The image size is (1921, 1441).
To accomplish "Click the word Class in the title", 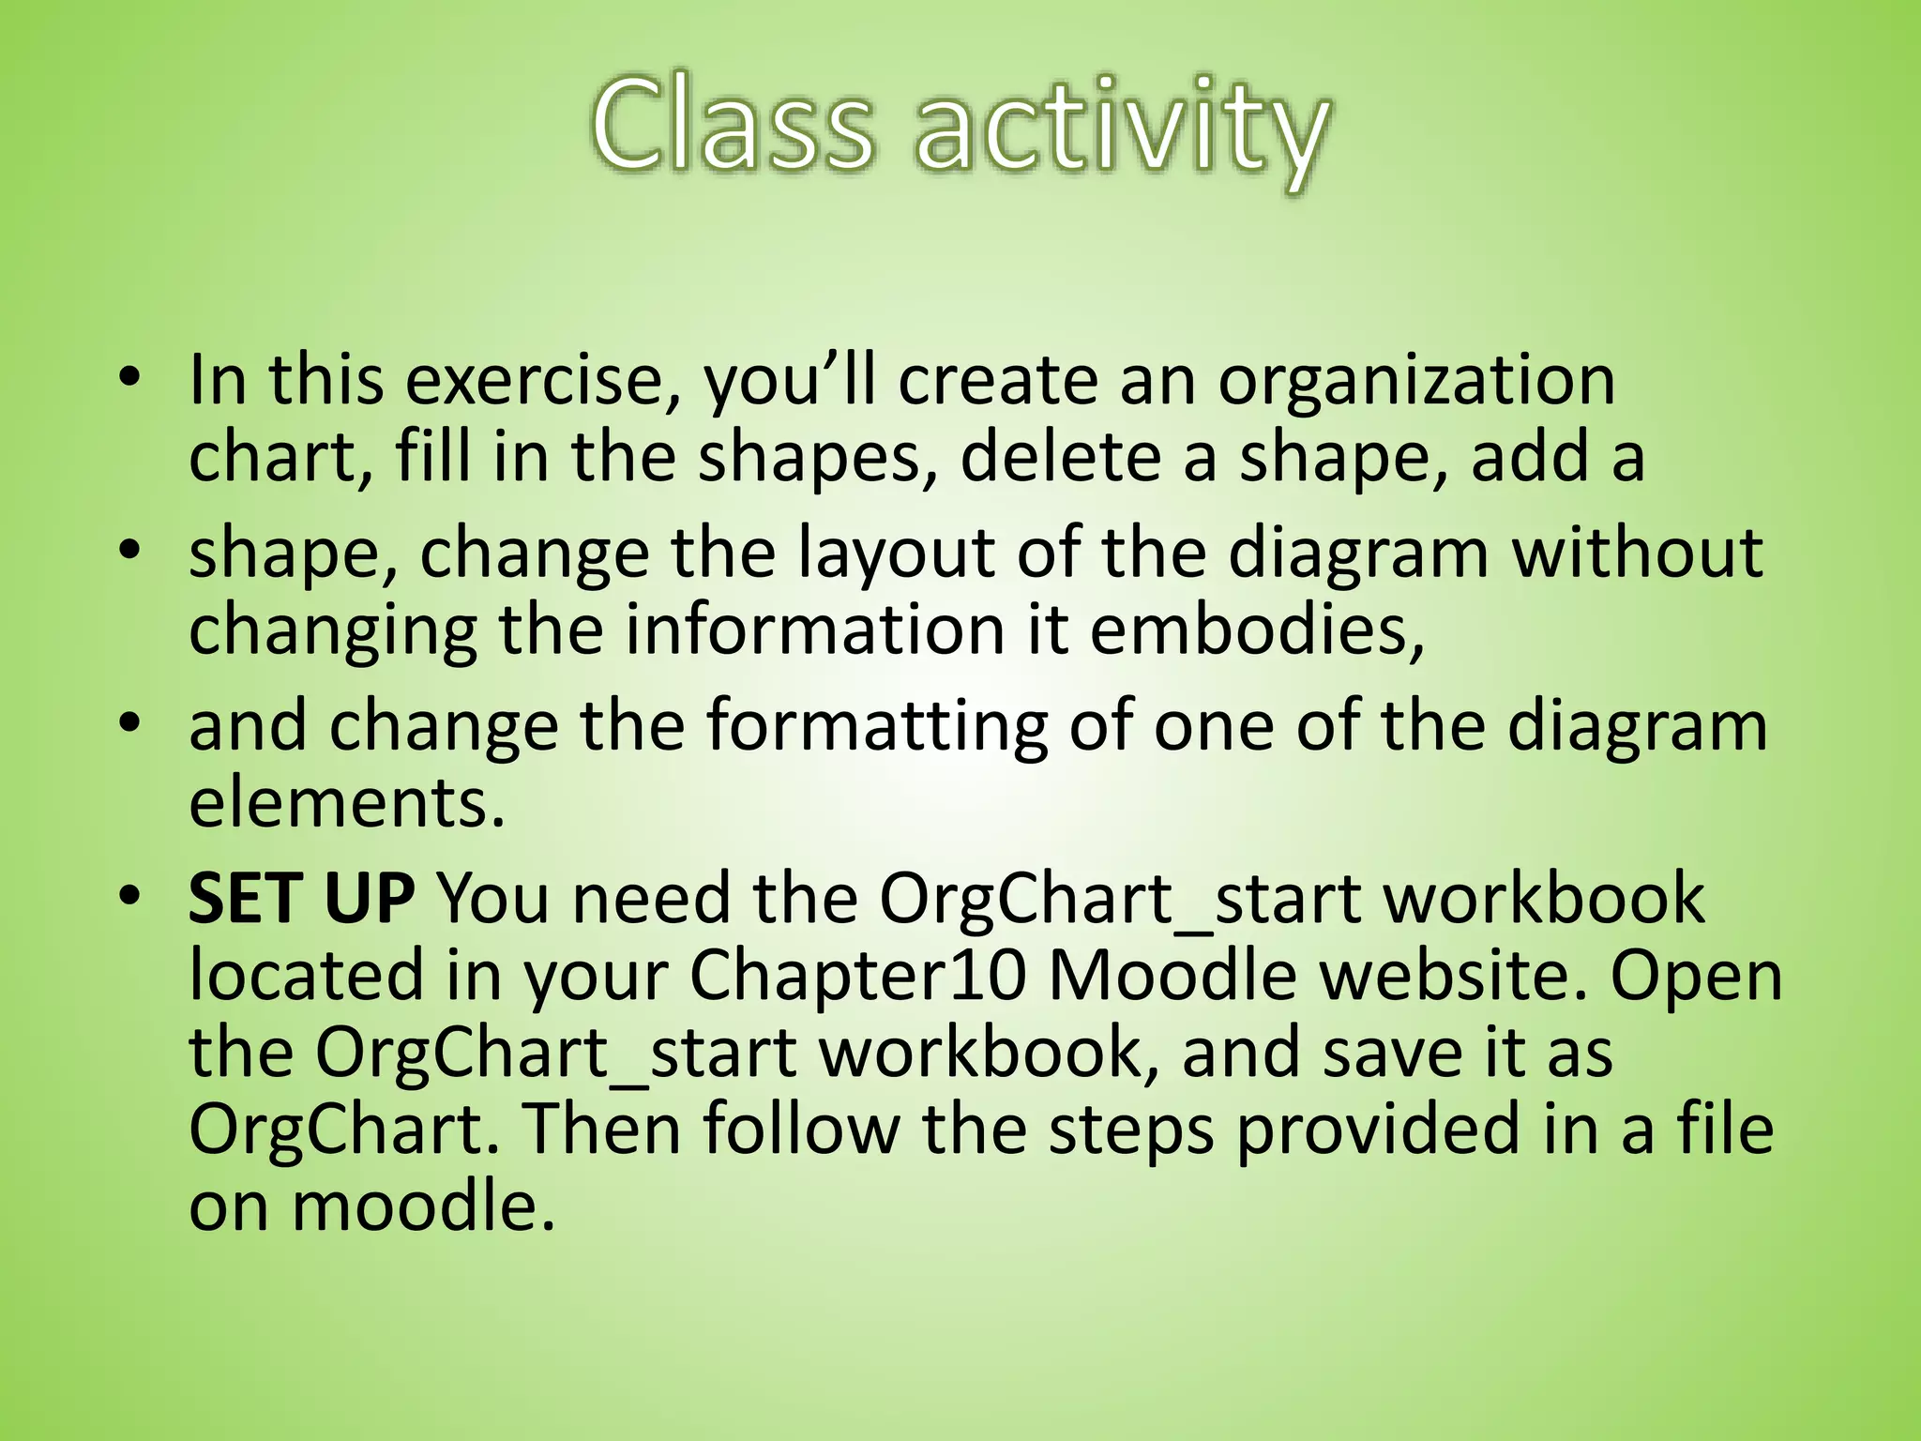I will click(x=732, y=127).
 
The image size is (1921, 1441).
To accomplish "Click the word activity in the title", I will click(x=1121, y=131).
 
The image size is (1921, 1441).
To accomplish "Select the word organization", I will click(x=1416, y=383).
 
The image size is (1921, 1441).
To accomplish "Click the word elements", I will click(x=347, y=805).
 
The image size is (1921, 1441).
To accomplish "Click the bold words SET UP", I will click(x=300, y=899).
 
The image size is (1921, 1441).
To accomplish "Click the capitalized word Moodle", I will click(x=1172, y=976).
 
